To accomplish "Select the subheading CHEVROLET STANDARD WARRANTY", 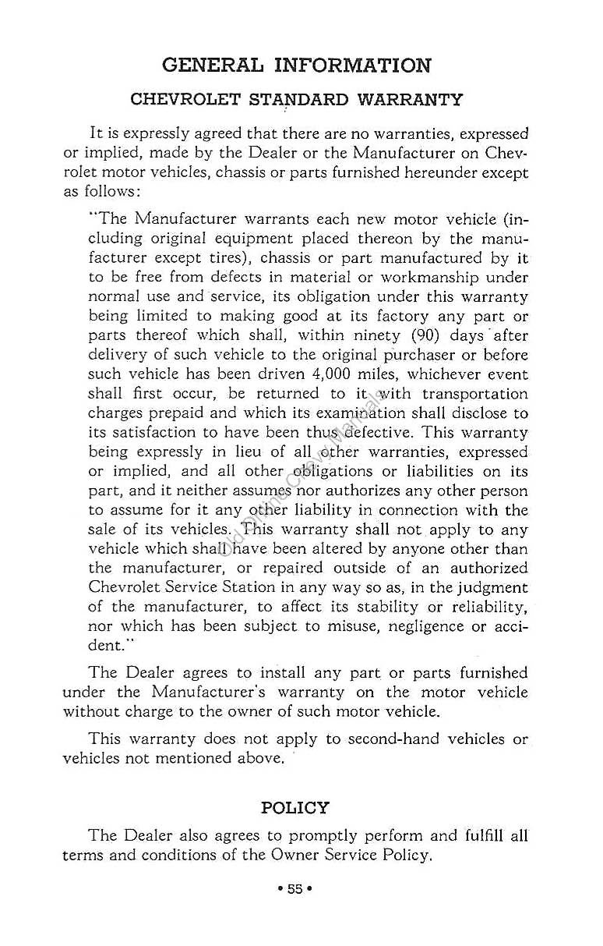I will (296, 100).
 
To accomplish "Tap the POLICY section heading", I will (295, 807).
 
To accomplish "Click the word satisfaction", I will (151, 433).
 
